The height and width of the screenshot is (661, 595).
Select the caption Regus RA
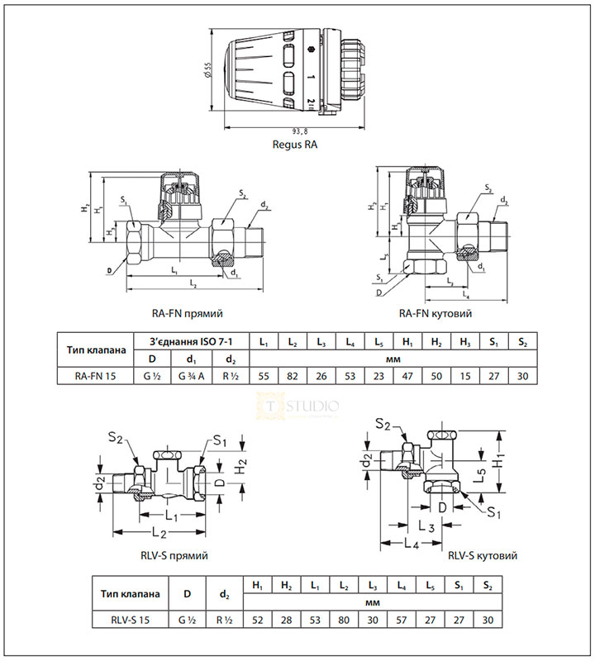295,145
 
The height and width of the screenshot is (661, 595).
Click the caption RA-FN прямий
188,314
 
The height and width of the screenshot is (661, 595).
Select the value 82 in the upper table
293,376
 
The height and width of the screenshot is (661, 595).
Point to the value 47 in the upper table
407,376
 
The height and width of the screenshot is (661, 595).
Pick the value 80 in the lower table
345,620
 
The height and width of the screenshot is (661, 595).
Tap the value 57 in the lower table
402,620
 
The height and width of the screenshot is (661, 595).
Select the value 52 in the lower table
258,620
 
